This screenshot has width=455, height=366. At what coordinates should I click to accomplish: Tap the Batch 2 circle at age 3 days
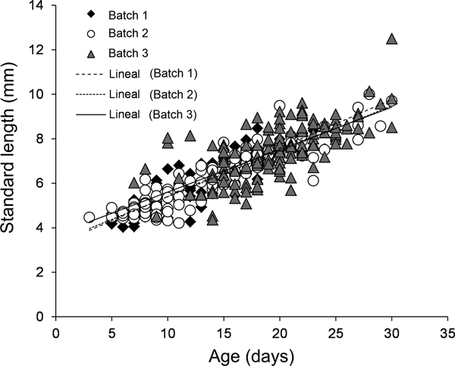click(89, 218)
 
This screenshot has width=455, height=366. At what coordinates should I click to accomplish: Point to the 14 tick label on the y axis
click(36, 6)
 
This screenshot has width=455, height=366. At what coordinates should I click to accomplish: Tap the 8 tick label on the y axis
click(39, 139)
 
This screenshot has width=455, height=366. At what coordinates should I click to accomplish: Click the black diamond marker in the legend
click(92, 14)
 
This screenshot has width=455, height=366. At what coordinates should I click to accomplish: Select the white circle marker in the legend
click(92, 34)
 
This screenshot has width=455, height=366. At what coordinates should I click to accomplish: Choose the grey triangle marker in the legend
click(92, 54)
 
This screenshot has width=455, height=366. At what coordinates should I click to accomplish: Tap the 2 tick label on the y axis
click(39, 272)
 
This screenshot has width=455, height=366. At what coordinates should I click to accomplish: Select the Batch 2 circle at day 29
click(381, 126)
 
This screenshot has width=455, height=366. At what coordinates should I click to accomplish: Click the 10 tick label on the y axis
click(36, 94)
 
